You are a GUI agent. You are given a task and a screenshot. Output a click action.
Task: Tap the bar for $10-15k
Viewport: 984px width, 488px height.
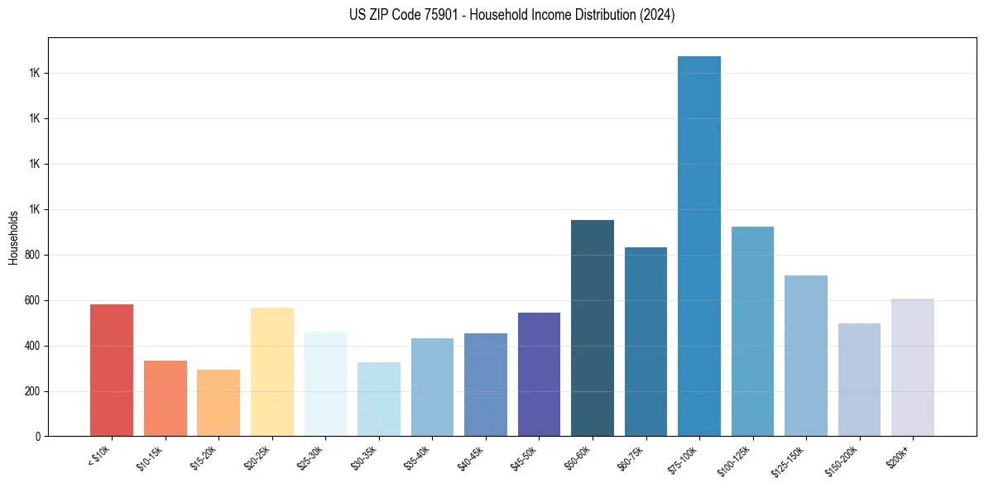click(x=165, y=398)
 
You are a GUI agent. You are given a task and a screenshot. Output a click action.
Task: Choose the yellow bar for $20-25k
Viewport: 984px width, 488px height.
click(x=271, y=371)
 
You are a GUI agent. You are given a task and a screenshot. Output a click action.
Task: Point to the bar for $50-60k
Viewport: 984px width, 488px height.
click(x=592, y=328)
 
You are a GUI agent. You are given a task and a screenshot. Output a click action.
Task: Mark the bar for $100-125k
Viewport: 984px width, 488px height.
click(x=752, y=331)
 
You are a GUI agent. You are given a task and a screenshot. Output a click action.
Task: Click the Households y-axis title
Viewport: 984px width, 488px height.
click(x=14, y=237)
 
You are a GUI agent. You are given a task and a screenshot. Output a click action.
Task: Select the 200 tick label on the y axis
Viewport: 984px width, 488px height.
click(x=35, y=391)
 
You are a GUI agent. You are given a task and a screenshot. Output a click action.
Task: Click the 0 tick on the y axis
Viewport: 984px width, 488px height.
click(x=39, y=436)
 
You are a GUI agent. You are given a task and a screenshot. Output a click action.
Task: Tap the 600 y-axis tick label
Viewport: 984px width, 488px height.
click(x=35, y=300)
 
